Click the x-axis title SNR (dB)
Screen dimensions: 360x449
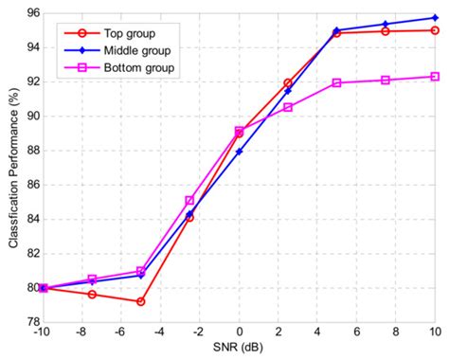pyautogui.click(x=238, y=349)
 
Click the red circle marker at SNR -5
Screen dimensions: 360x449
pyautogui.click(x=140, y=301)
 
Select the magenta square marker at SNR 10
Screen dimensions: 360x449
pyautogui.click(x=435, y=77)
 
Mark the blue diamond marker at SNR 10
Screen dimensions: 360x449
pyautogui.click(x=435, y=18)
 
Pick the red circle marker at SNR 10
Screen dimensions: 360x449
pyautogui.click(x=435, y=30)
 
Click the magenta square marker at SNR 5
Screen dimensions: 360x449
pyautogui.click(x=336, y=82)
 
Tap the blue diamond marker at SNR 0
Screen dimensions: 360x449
pyautogui.click(x=239, y=151)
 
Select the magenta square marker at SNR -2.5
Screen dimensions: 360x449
pyautogui.click(x=189, y=201)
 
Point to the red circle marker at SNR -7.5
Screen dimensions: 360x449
pyautogui.click(x=92, y=294)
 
